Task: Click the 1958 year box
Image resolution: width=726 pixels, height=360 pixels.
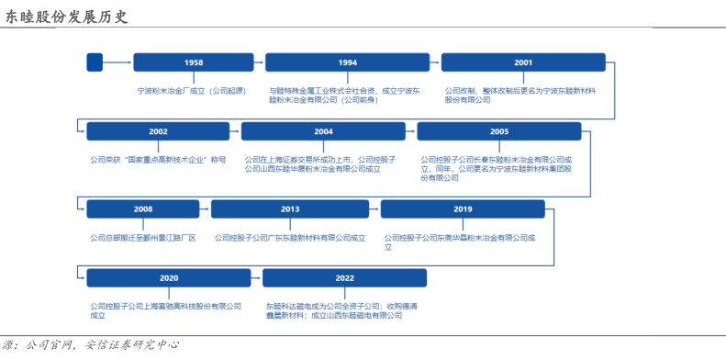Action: [x=194, y=62]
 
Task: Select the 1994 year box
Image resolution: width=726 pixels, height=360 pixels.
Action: [x=347, y=62]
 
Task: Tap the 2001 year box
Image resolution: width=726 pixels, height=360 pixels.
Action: [x=523, y=62]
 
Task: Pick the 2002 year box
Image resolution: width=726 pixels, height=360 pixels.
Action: [x=158, y=131]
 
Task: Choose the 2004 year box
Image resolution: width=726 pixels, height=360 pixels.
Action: [x=323, y=131]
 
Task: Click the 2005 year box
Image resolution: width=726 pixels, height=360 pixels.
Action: [x=499, y=131]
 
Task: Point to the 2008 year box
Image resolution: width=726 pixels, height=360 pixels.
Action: [x=143, y=209]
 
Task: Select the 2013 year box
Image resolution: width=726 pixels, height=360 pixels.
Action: [x=290, y=209]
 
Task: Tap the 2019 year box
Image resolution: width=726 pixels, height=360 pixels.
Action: [x=463, y=209]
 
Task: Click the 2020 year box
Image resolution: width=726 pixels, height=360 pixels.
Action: [x=169, y=278]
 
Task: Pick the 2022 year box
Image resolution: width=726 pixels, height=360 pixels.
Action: [x=344, y=278]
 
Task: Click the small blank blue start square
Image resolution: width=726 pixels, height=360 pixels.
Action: [x=95, y=62]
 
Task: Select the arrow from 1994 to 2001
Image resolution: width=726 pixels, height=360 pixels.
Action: [x=435, y=62]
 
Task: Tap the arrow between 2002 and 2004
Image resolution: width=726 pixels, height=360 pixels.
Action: [x=235, y=131]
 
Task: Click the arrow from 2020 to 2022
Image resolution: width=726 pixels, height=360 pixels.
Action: [x=256, y=278]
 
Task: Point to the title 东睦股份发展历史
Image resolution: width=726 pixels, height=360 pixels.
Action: [x=66, y=17]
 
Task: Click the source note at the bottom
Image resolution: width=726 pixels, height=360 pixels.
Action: [x=90, y=345]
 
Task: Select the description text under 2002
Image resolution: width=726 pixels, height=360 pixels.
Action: [x=158, y=161]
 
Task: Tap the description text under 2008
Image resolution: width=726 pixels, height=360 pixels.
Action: [x=143, y=238]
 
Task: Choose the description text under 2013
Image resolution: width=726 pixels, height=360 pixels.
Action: [x=290, y=238]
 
